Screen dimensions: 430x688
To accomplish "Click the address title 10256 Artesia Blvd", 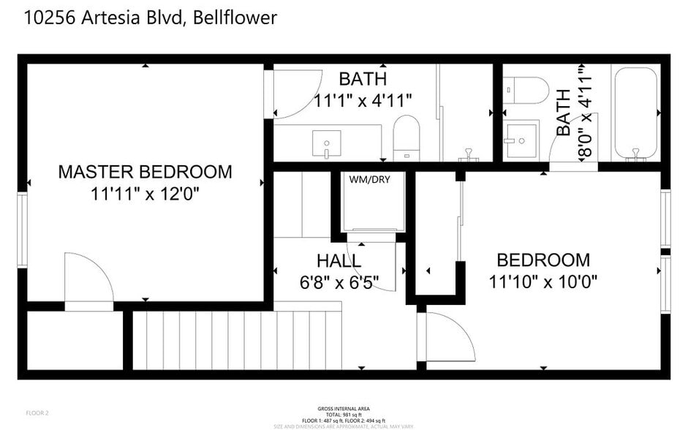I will pos(151,18).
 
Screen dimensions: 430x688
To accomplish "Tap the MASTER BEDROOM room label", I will pos(145,172).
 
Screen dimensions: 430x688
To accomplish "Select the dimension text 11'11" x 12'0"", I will pos(145,194).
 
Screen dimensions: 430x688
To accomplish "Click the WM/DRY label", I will pos(369,178).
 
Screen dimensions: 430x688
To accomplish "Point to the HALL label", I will pos(339,261).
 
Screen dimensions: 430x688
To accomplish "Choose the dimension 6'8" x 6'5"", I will pos(339,282).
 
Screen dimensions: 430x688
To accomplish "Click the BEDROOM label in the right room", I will pos(543,260).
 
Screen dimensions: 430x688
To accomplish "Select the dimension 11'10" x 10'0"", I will pos(543,282).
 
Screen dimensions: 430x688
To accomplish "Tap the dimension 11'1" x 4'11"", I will pos(363,100).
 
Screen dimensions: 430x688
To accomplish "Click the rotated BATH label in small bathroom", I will pos(564,112).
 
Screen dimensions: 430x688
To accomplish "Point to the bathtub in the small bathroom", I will pos(637,113).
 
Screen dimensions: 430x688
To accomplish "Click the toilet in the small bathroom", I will pos(526,90).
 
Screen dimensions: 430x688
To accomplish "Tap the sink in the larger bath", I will pos(326,143).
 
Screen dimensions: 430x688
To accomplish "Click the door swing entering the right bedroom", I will pos(447,337).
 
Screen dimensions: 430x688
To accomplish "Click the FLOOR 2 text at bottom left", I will pos(37,413).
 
